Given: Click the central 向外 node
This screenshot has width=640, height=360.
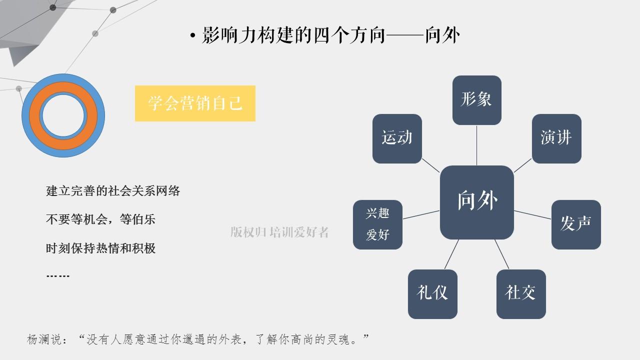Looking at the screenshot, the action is tap(477, 202).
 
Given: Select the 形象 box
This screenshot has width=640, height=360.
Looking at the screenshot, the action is tap(476, 100).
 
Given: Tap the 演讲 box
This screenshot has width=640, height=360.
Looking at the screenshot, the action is tap(556, 138).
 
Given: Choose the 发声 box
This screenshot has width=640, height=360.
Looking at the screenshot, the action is tap(576, 224).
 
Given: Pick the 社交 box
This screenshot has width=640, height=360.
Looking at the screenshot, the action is tap(520, 294).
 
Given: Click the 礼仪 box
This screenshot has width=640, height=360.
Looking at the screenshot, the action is tap(432, 294).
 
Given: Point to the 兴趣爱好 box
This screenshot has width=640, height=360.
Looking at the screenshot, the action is tap(377, 224).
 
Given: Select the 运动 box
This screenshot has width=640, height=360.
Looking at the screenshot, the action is tap(397, 138).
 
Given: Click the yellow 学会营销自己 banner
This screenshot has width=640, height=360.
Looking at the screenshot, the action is tap(195, 103).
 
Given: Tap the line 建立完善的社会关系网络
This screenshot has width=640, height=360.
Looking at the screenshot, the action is tap(113, 191).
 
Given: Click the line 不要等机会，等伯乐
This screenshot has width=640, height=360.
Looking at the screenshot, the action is tap(100, 219).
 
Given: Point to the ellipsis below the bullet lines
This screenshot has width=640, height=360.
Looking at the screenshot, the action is tap(57, 276).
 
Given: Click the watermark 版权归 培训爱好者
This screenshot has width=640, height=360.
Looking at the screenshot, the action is tap(279, 232).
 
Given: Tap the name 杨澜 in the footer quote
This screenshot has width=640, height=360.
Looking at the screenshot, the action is tap(37, 339).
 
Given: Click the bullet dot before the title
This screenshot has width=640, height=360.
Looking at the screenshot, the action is tap(193, 36).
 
